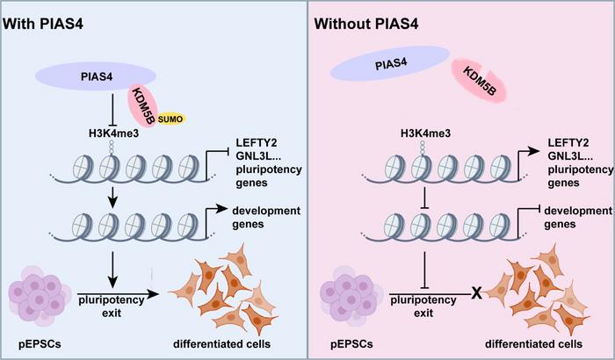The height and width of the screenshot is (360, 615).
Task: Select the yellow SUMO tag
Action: point(162,117)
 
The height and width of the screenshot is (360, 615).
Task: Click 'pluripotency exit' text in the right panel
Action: point(425,305)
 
